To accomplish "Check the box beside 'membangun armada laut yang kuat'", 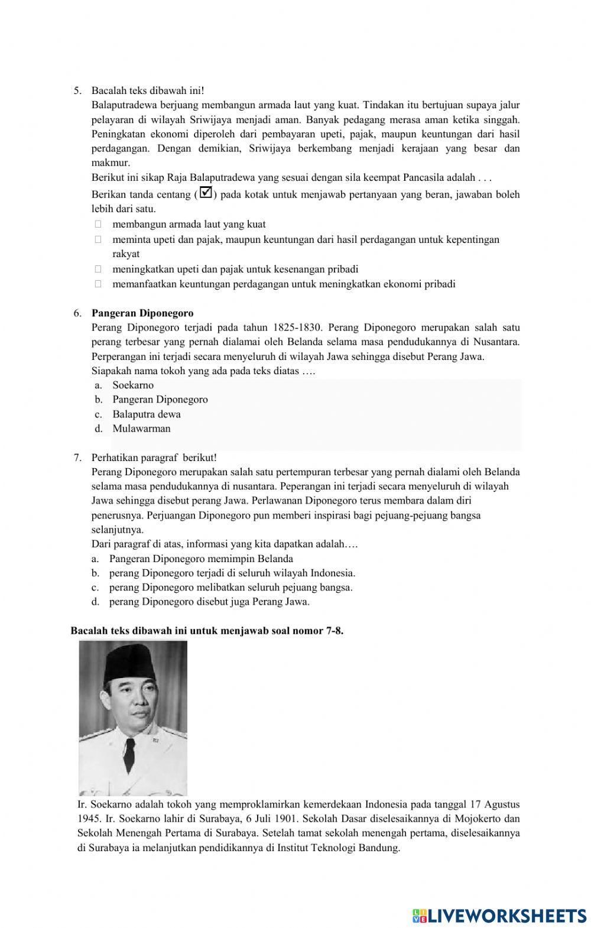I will point(98,225).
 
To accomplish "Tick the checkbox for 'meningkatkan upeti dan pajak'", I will point(98,270).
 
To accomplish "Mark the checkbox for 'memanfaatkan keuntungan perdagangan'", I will point(98,284).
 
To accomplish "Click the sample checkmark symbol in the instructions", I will point(206,193).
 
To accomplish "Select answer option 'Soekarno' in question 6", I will point(133,385).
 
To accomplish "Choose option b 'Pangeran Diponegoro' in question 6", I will point(160,400).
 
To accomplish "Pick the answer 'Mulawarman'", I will point(141,429).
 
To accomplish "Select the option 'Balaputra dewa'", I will point(147,414).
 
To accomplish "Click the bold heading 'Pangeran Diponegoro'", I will point(142,313).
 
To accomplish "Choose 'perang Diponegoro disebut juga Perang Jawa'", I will point(209,602).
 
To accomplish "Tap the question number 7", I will point(77,458).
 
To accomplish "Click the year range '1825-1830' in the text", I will point(293,327).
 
